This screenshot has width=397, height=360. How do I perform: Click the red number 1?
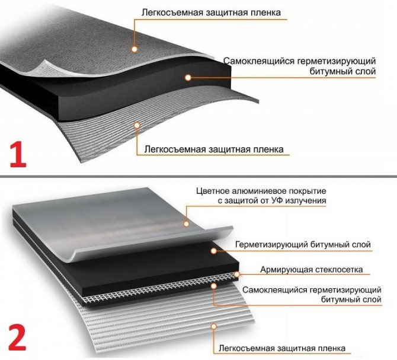(18, 155)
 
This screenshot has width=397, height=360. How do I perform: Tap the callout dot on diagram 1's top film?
(135, 49)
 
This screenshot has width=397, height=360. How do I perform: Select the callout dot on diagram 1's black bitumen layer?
(188, 78)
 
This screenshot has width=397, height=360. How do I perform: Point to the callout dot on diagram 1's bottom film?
(137, 125)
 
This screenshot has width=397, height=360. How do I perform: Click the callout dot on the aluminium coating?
(186, 224)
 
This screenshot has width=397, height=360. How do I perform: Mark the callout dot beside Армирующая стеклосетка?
(237, 274)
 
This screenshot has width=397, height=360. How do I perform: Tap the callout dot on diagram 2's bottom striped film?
(214, 327)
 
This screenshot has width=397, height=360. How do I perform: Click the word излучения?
(306, 200)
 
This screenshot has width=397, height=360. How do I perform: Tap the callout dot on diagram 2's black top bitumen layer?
(214, 251)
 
